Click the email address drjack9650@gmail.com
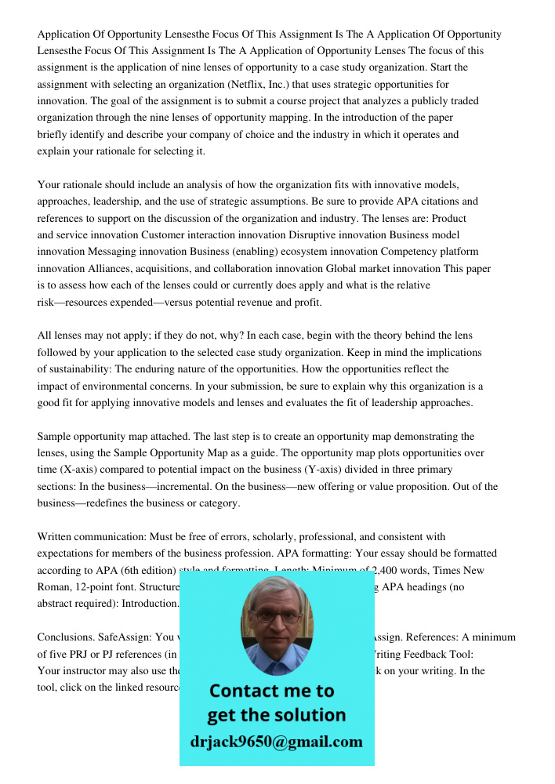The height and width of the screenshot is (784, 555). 277,742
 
